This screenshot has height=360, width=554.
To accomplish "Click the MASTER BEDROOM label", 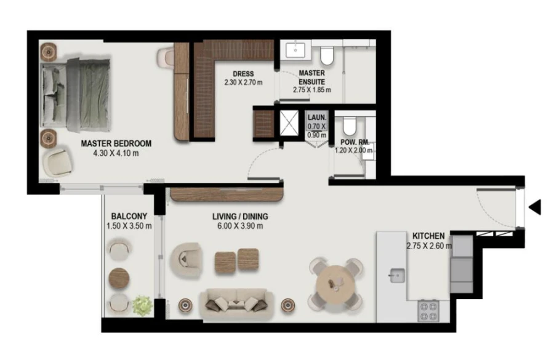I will point(116,143).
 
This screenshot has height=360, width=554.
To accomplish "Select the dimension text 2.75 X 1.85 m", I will point(311,90).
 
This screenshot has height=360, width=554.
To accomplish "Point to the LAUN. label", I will point(317,116).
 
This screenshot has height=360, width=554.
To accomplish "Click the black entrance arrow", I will point(535,207).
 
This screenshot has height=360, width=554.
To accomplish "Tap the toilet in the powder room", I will point(349,127).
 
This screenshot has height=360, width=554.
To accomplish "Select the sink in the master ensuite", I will point(295,50).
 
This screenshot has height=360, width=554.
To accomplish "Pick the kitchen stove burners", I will point(428,311).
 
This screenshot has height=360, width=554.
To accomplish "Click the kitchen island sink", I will point(396,275).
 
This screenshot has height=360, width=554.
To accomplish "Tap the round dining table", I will point(335,284).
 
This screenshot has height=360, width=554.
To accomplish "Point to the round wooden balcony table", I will point(119,278).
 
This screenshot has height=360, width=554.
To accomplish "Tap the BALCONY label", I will point(129,216).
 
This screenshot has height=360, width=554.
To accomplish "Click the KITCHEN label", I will point(428,236).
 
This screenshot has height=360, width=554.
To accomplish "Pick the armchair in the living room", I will point(186,260).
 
